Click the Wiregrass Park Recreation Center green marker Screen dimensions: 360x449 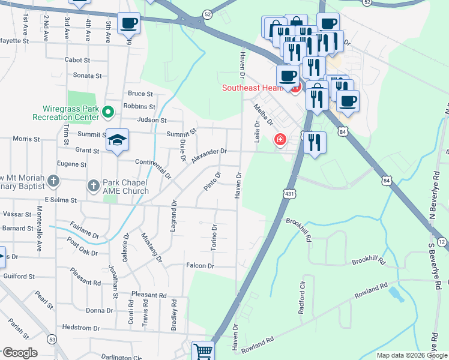coord(108,112)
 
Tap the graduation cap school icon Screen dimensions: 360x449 coord(118,140)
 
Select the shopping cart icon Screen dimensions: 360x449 coord(203,352)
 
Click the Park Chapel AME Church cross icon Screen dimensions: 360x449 coord(94,185)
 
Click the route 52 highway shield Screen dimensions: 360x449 coord(207,13)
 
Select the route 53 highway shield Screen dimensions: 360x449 coord(52,340)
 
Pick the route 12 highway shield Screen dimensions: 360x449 coord(442,241)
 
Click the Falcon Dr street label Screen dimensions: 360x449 coord(200,266)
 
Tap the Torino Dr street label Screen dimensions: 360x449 coord(214,238)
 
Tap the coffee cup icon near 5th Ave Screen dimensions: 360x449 coord(128,24)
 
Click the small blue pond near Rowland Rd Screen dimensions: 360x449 coord(394,293)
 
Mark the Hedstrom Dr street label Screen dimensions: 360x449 coord(81,328)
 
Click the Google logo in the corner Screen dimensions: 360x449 coord(20,353)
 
